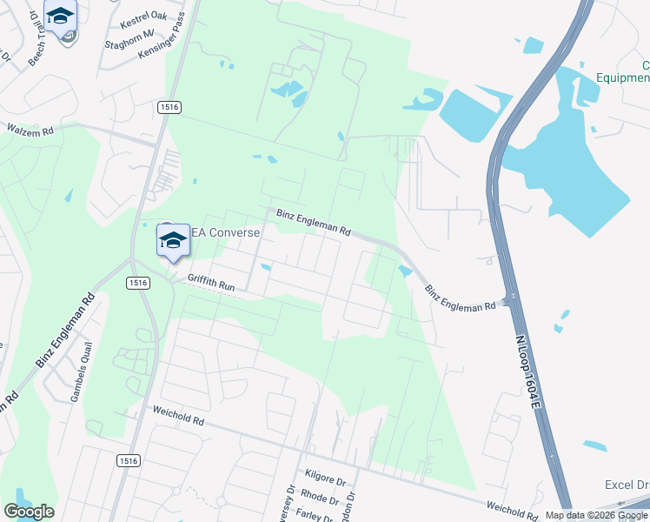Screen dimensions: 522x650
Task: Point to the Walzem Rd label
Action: coord(30,130)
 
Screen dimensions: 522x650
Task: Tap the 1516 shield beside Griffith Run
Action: coord(137,283)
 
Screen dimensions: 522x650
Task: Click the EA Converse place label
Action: coord(224,232)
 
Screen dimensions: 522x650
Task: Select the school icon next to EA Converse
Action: coord(173,239)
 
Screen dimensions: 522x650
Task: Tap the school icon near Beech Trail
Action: coord(60,16)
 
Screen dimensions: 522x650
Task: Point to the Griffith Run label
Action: coord(212,284)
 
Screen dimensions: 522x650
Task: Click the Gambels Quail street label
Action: coord(81,384)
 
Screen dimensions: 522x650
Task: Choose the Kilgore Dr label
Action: coord(326,476)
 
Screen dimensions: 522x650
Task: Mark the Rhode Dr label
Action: coord(320,498)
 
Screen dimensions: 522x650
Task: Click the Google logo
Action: coord(29,512)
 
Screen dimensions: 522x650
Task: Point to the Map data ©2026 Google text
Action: coord(596,515)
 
